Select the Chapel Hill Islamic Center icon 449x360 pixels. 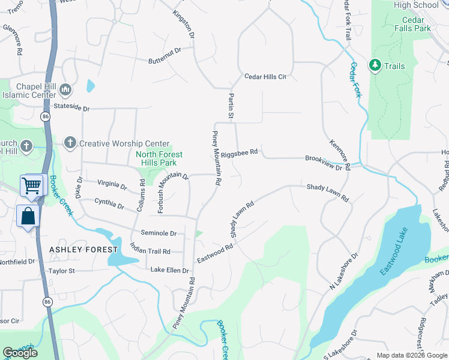pyautogui.click(x=65, y=91)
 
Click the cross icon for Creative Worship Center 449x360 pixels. pyautogui.click(x=70, y=143)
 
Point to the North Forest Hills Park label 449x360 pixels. pyautogui.click(x=155, y=158)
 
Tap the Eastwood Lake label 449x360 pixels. pyautogui.click(x=394, y=251)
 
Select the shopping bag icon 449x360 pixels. pyautogui.click(x=28, y=215)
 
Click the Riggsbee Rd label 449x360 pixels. pyautogui.click(x=239, y=153)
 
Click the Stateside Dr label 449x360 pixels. pyautogui.click(x=71, y=109)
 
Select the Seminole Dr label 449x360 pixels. pyautogui.click(x=158, y=233)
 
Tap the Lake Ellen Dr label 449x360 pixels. pyautogui.click(x=170, y=271)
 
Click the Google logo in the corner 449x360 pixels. pyautogui.click(x=20, y=353)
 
